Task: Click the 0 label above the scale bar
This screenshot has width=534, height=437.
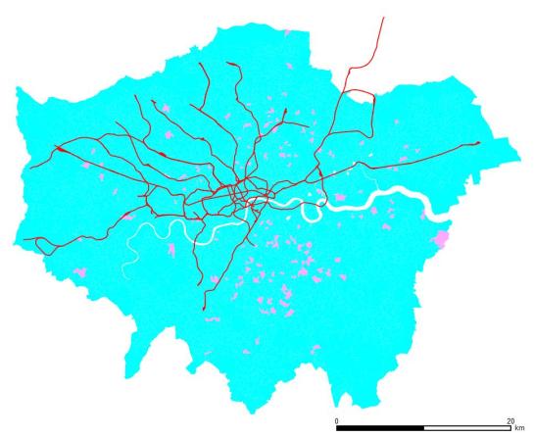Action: point(337,420)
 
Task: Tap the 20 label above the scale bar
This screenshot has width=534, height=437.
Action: point(510,420)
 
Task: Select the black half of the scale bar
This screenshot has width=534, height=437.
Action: point(380,428)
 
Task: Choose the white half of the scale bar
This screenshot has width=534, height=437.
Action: point(466,428)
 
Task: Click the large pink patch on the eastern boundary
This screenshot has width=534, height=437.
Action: point(442,238)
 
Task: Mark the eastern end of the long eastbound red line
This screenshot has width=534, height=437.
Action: point(478,143)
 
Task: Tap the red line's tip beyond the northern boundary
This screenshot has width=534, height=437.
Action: point(383,17)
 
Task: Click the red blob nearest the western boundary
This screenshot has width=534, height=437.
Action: point(63,150)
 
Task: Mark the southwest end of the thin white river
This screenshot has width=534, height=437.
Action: point(125,275)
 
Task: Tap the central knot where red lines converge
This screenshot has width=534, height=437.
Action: point(244,193)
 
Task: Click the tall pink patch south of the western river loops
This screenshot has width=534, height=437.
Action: point(170,250)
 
